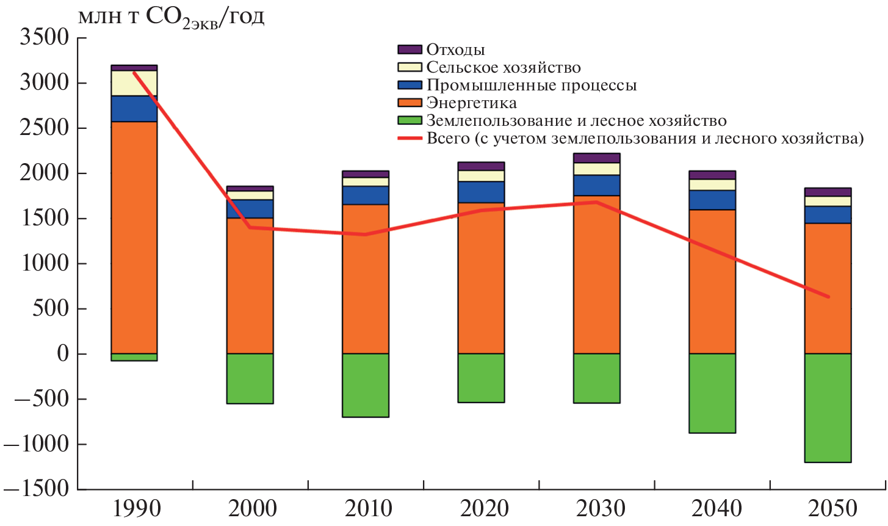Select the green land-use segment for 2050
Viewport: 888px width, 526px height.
point(828,408)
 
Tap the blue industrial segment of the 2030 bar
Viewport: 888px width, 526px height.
point(597,185)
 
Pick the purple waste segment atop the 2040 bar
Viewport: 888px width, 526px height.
point(712,175)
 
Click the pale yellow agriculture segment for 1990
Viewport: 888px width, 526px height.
point(134,83)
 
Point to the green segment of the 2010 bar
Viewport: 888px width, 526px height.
point(366,385)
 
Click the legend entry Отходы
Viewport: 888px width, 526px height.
point(455,49)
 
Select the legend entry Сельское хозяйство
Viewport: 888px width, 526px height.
point(503,67)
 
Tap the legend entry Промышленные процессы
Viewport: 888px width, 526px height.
point(531,85)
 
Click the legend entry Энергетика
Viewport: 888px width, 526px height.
point(471,103)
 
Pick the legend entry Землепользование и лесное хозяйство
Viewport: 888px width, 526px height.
point(576,120)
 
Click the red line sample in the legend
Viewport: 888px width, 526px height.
point(410,139)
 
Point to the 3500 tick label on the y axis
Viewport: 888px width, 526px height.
point(45,38)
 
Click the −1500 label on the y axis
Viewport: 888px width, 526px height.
point(38,489)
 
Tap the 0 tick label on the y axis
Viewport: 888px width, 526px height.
point(63,354)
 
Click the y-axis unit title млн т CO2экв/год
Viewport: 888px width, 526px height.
point(171,17)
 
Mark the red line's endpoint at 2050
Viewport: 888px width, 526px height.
point(828,297)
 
